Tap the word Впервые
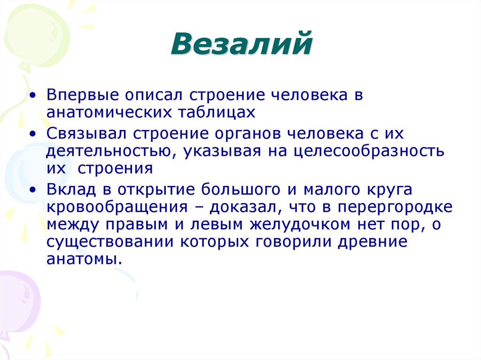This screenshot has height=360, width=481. (75, 95)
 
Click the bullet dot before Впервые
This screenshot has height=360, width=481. (32, 95)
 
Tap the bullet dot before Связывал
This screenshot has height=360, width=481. (32, 134)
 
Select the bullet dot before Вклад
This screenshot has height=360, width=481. (32, 191)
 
